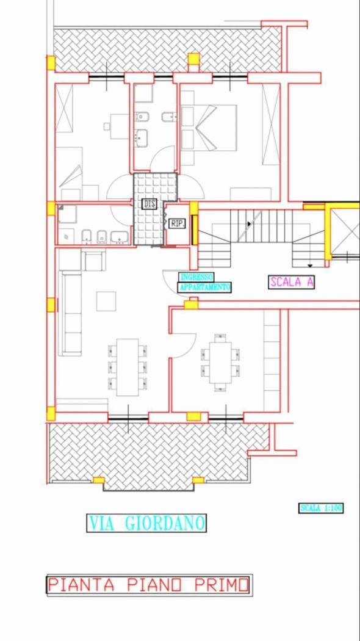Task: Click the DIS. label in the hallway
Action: (x=149, y=203)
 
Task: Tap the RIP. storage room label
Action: (x=178, y=223)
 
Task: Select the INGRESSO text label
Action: (x=196, y=277)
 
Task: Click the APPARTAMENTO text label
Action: (x=205, y=287)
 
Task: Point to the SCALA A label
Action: (x=291, y=281)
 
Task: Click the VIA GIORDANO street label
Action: (x=146, y=523)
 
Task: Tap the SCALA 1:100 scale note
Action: (x=321, y=508)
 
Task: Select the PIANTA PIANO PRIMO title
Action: (x=148, y=585)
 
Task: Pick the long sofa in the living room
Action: (x=72, y=313)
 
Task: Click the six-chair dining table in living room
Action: (x=128, y=367)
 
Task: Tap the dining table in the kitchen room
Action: (x=220, y=362)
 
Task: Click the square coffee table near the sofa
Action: (x=106, y=302)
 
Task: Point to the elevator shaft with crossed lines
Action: (x=344, y=232)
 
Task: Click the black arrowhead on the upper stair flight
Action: (x=249, y=224)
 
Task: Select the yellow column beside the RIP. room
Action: (x=195, y=230)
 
